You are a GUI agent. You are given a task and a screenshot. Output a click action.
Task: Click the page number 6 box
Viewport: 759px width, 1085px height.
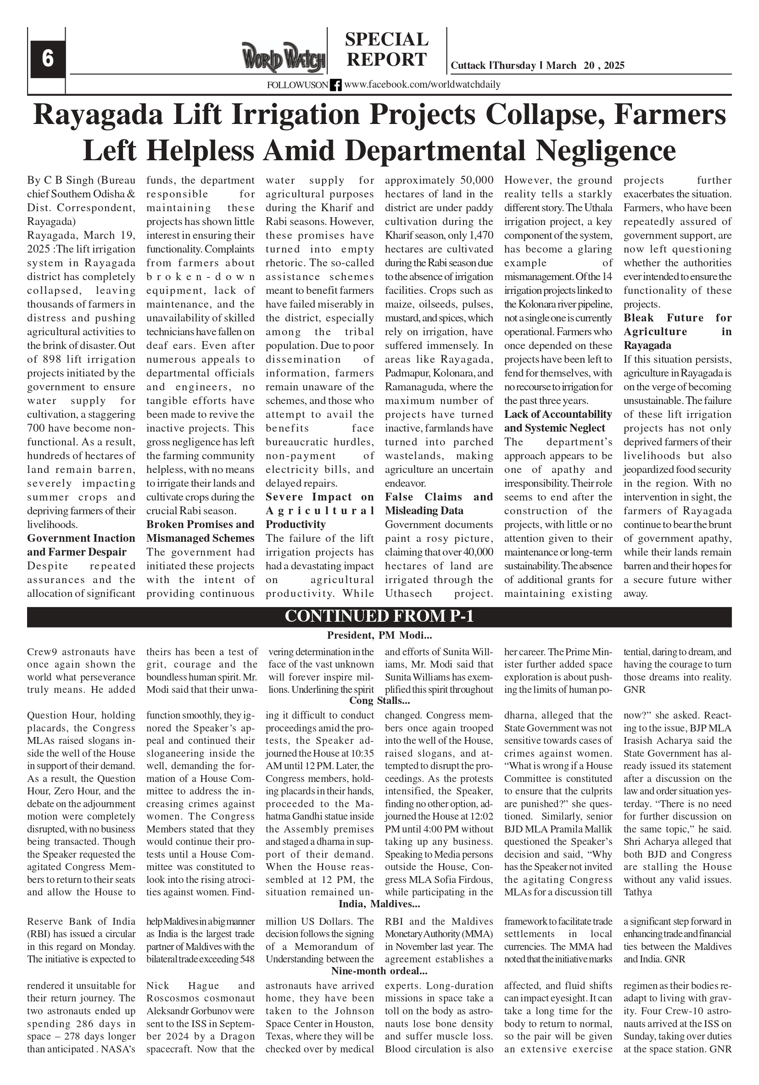tap(48, 59)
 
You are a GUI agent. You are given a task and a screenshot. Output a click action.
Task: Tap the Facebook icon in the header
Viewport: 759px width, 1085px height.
tap(335, 85)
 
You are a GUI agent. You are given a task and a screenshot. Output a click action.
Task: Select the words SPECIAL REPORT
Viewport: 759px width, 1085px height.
tap(387, 49)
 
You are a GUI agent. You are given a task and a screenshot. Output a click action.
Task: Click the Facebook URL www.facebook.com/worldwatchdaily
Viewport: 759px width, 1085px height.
tap(422, 84)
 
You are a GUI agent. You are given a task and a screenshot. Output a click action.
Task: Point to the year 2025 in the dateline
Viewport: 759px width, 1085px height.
tap(614, 66)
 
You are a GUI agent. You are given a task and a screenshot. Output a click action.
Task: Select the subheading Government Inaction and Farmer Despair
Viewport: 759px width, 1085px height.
tap(81, 545)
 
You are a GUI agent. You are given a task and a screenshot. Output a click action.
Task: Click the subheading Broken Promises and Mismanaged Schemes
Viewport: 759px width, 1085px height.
tap(200, 531)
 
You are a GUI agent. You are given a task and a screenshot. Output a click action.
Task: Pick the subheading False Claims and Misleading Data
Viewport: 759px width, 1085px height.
tap(439, 504)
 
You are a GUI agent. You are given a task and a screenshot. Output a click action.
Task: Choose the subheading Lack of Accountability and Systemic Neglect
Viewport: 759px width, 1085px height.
tap(558, 421)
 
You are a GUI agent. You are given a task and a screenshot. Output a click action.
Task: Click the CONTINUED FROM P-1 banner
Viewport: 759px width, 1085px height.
tap(379, 617)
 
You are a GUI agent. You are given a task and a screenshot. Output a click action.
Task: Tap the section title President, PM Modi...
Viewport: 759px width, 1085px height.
tap(379, 635)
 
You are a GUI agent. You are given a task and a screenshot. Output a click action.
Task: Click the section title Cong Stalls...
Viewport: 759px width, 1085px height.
tap(379, 700)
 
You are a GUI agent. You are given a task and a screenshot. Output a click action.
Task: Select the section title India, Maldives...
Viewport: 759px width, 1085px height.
tap(379, 905)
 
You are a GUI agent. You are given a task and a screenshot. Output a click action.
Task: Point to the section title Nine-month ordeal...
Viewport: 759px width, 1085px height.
tap(379, 971)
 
